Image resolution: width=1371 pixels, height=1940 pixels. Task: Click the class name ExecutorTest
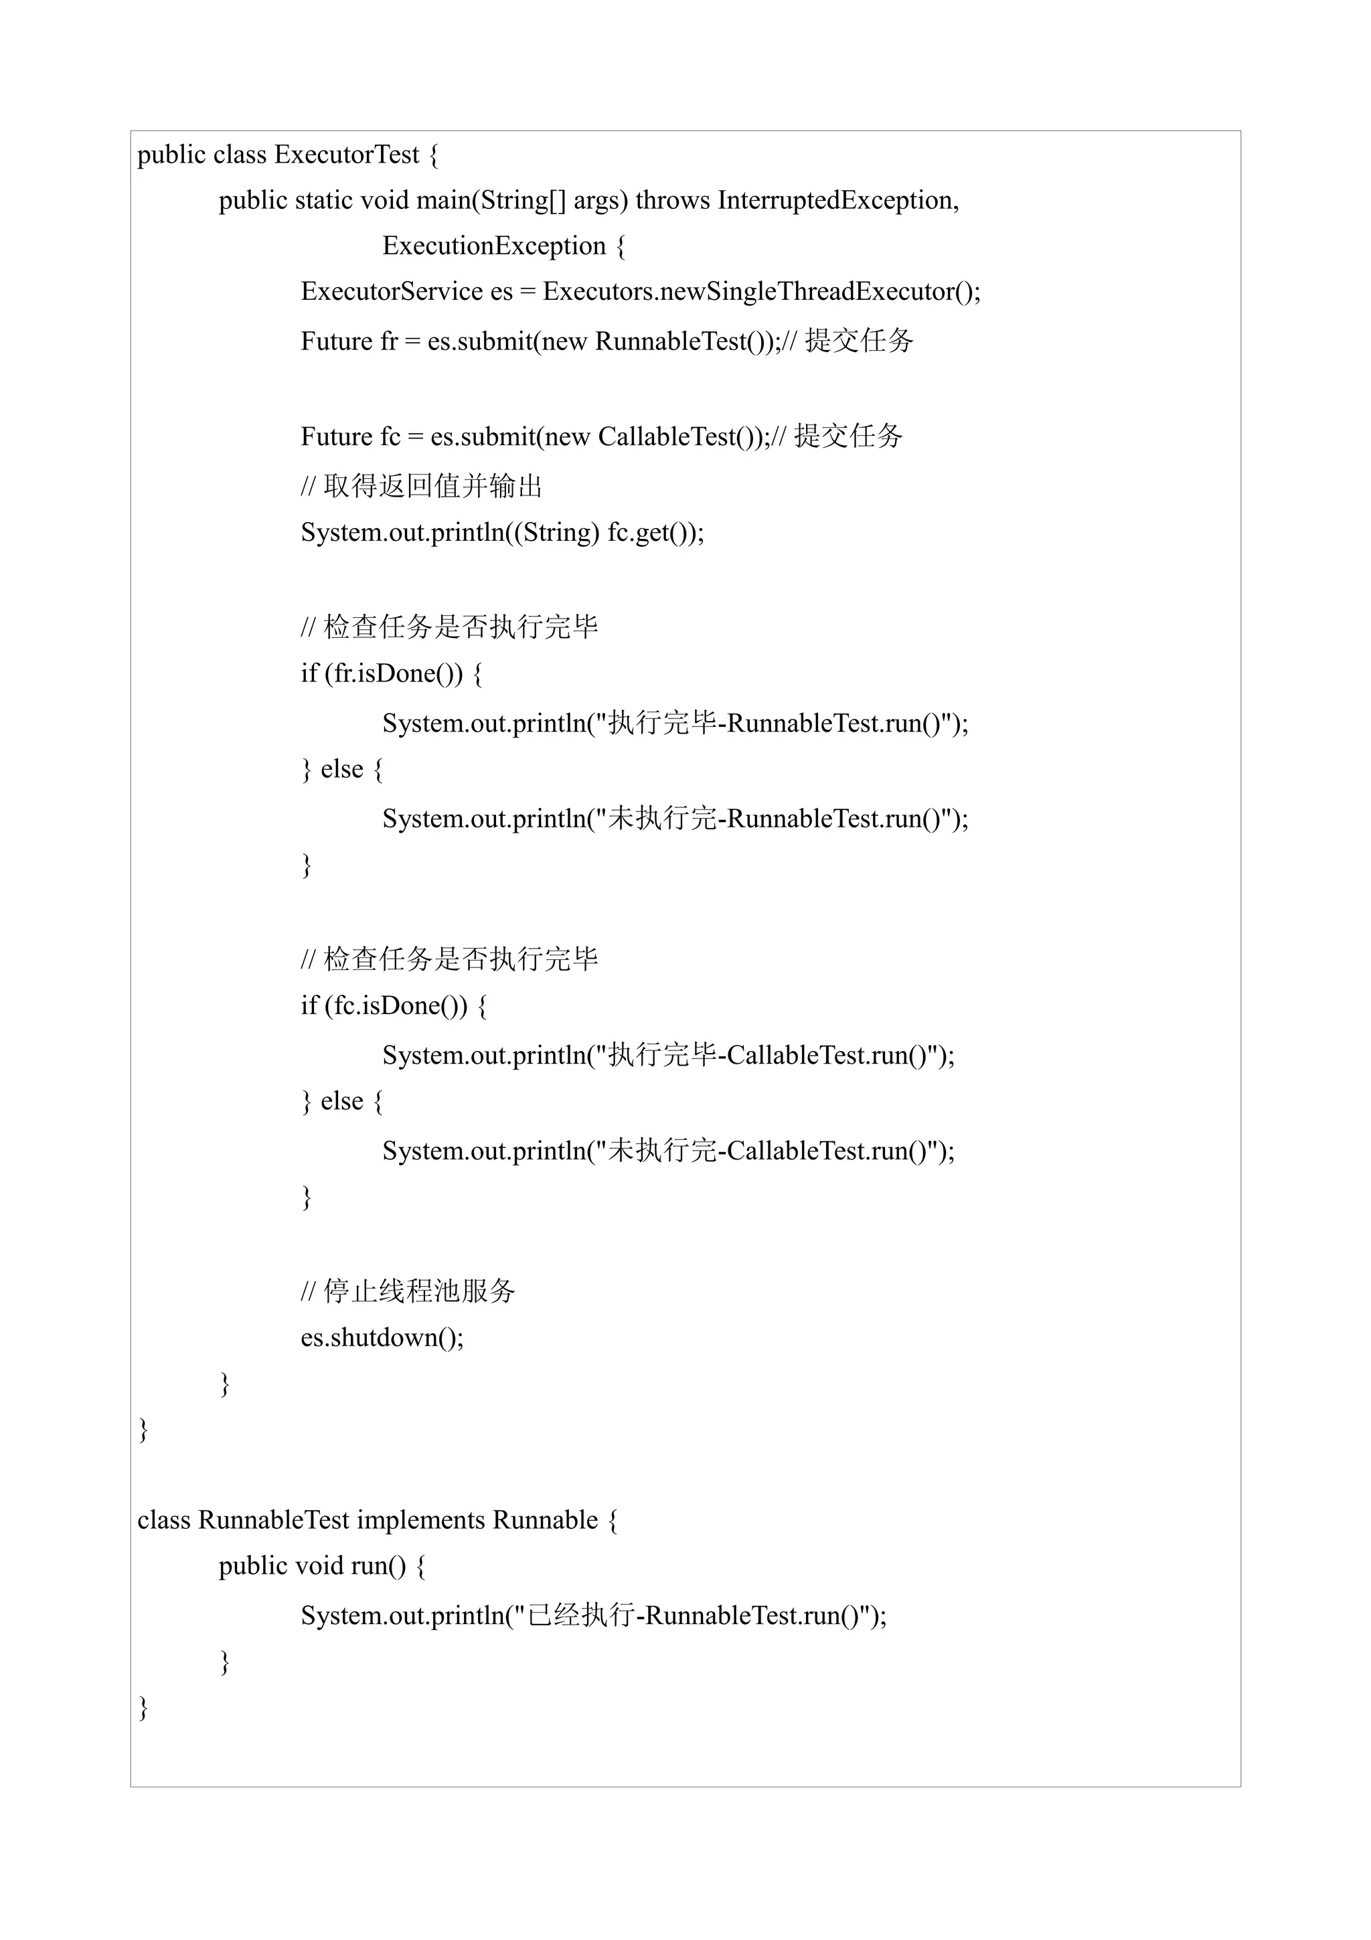(x=346, y=155)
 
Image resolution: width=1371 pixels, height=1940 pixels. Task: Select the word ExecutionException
(x=493, y=246)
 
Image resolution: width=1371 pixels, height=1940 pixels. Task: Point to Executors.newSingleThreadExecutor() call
(x=760, y=291)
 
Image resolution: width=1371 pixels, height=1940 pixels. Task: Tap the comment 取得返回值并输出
(x=432, y=486)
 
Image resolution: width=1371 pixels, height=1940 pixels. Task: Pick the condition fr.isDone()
(x=394, y=673)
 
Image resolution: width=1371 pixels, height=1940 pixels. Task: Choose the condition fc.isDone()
(x=396, y=1005)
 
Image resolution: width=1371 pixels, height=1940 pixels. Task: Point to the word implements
(x=420, y=1520)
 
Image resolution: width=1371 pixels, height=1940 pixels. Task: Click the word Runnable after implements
(x=545, y=1520)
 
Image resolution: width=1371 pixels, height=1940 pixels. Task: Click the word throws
(x=672, y=200)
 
